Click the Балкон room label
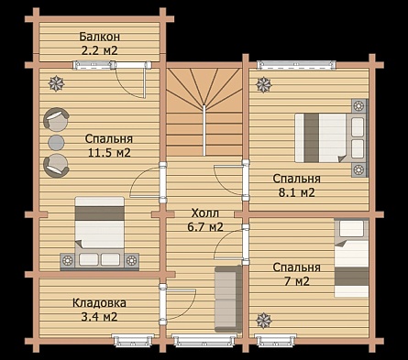(100, 37)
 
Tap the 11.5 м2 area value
(109, 152)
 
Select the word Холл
(205, 213)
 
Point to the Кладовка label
(99, 303)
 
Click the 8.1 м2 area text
(297, 192)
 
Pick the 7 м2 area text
(297, 281)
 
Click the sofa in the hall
(228, 299)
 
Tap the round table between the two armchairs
(57, 143)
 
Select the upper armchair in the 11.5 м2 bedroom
(56, 119)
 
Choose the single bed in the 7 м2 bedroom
(351, 257)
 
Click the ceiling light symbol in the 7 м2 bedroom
(263, 321)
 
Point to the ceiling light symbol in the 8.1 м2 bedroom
(263, 84)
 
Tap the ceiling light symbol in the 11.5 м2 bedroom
(57, 83)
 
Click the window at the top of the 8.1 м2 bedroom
(296, 65)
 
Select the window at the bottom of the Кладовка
(133, 341)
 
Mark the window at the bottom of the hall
(204, 341)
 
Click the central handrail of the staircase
(204, 130)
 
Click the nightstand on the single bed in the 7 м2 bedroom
(351, 229)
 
